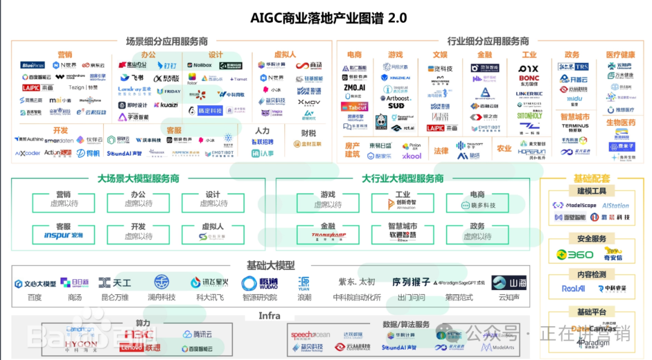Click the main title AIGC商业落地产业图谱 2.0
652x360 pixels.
328,18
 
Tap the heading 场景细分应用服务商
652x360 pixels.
167,42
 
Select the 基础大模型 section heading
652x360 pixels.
270,265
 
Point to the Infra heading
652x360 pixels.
269,315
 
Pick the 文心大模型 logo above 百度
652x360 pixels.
35,283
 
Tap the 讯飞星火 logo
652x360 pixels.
209,283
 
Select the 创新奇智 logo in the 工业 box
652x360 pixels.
398,205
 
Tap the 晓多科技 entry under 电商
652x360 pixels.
478,205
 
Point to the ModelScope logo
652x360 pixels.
574,205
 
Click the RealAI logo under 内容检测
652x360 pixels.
573,289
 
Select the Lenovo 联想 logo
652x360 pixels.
139,348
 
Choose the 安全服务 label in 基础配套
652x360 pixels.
591,239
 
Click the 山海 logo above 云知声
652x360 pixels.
509,283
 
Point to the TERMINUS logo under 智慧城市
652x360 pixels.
575,126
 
